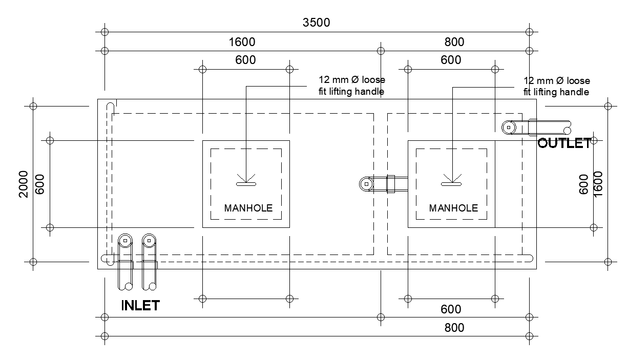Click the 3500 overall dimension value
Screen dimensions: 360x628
click(316, 23)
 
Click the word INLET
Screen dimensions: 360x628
click(140, 306)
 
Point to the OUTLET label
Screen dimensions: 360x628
click(564, 143)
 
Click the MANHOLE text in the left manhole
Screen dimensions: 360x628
click(248, 208)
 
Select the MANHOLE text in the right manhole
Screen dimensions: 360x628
click(453, 208)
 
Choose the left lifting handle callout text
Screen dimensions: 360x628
click(351, 86)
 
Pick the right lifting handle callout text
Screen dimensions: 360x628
click(556, 86)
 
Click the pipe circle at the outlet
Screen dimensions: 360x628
click(509, 127)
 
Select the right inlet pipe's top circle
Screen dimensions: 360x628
click(149, 240)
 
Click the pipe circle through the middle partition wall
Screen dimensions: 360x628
click(366, 183)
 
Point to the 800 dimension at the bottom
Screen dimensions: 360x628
click(454, 328)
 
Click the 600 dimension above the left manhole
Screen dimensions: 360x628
click(245, 60)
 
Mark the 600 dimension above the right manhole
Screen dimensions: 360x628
click(451, 60)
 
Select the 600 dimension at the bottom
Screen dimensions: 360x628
click(451, 309)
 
